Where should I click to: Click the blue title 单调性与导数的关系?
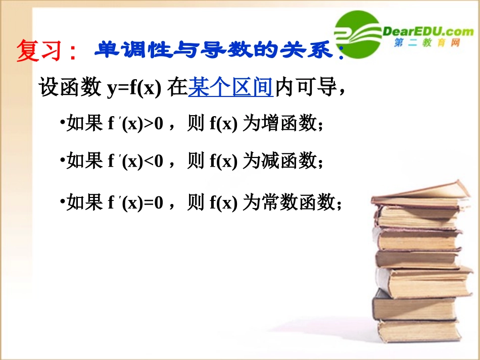pos(217,50)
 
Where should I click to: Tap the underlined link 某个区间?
pos(230,88)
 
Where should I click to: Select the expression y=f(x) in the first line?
pos(133,89)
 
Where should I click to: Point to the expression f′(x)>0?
pos(136,124)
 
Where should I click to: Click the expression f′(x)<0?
pos(136,162)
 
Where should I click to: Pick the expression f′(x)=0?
pos(136,203)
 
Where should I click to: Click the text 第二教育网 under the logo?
pos(427,44)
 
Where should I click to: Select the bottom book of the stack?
pos(419,331)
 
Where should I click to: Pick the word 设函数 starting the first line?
pos(70,88)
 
